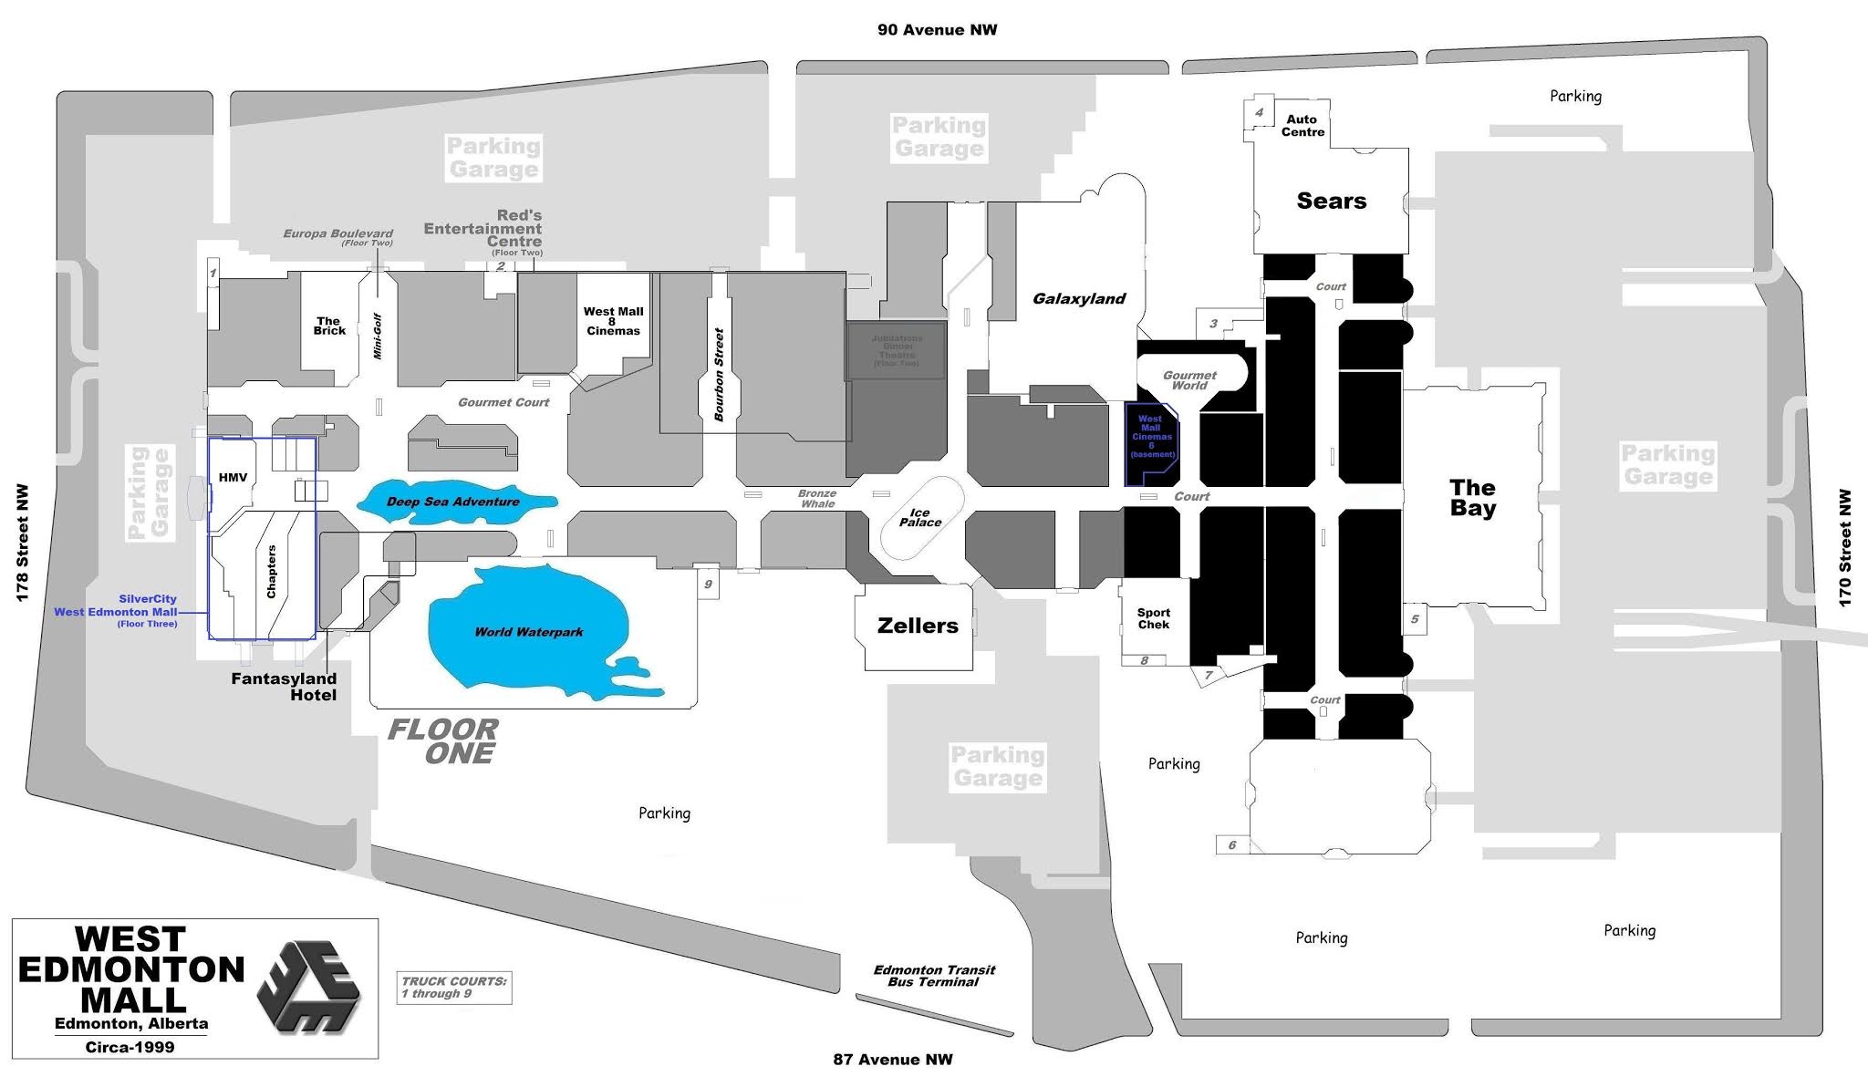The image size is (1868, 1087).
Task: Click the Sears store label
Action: [x=1331, y=201]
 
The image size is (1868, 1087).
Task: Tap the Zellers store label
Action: [x=918, y=626]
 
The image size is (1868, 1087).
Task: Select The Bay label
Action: [x=1472, y=498]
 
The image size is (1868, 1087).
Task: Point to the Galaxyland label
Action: [x=1079, y=298]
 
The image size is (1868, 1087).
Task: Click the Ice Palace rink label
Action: [x=919, y=518]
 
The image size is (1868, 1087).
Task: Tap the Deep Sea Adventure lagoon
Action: [x=453, y=502]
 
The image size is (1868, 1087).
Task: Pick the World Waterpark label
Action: [x=528, y=632]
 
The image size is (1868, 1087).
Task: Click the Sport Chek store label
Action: [x=1153, y=618]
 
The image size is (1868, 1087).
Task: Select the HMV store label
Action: [x=233, y=477]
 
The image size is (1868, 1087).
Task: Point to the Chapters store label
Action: [x=271, y=572]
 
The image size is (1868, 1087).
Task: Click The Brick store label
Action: [x=329, y=326]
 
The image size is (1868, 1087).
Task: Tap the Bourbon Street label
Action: [x=719, y=374]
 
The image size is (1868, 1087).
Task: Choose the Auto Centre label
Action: [x=1302, y=126]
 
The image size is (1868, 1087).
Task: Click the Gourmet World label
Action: [x=1189, y=380]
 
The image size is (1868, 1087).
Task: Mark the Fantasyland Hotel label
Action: [x=284, y=687]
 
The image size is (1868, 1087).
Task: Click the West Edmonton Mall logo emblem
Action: [x=308, y=987]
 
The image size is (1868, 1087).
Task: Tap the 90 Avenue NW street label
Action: [x=937, y=30]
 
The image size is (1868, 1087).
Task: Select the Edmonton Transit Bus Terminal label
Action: [x=934, y=976]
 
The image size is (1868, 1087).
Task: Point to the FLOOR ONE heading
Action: [x=443, y=741]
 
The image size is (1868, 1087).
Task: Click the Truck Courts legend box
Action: [x=454, y=988]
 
